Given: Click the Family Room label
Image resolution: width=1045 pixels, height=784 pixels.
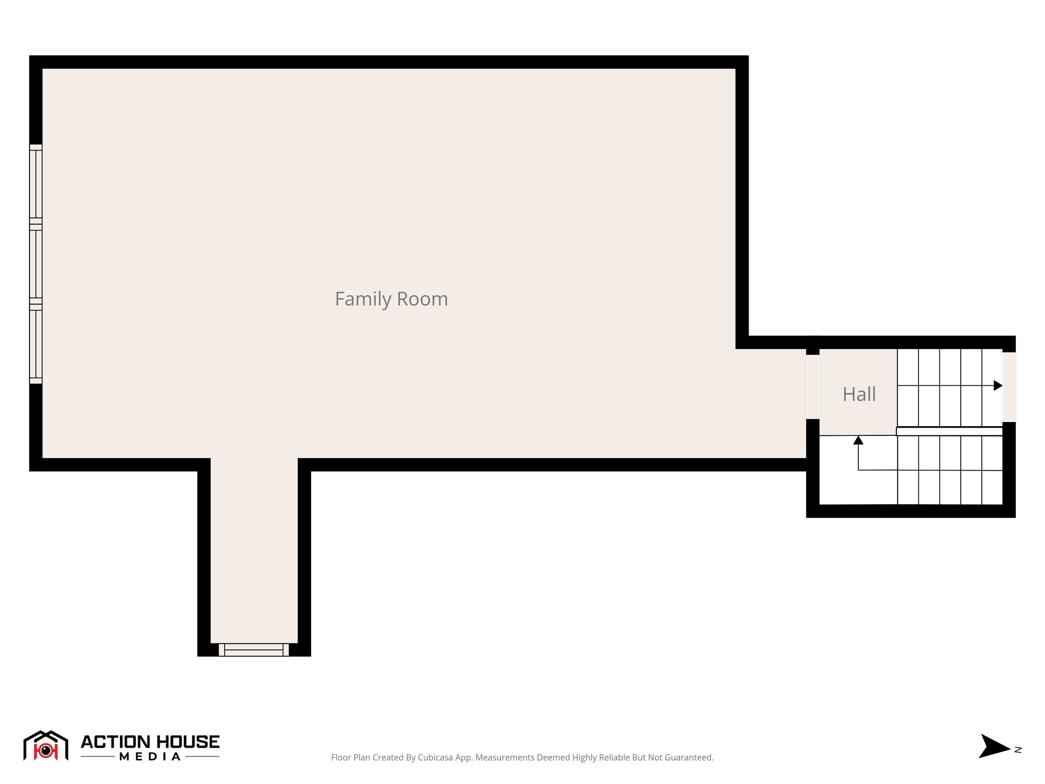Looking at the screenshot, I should (391, 299).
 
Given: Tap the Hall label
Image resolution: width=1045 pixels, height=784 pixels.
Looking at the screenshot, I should (859, 394).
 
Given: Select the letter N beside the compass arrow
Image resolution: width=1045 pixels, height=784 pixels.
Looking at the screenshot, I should (1018, 750).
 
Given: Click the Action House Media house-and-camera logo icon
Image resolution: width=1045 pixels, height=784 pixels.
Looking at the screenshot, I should (46, 746).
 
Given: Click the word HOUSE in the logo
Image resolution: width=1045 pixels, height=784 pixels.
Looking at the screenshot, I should (187, 742).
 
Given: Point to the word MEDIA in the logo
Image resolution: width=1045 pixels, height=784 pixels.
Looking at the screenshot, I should (150, 757).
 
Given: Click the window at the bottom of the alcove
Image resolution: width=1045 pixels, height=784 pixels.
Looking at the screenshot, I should (254, 650).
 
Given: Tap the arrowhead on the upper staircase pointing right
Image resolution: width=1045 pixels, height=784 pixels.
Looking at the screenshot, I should (998, 385).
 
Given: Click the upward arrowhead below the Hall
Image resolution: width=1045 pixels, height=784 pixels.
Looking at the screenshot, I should (858, 440).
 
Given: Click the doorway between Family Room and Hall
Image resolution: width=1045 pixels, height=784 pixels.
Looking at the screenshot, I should (812, 387).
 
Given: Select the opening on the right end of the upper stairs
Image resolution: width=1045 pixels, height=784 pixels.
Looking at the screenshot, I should (1009, 387).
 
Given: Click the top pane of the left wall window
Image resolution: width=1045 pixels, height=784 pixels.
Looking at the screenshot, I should (36, 184).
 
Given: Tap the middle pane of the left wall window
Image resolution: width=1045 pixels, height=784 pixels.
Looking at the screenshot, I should (36, 264).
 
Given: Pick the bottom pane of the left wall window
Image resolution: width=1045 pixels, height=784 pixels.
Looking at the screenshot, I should (36, 345).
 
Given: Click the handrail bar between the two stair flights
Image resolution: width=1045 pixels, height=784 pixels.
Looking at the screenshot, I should (949, 431).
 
